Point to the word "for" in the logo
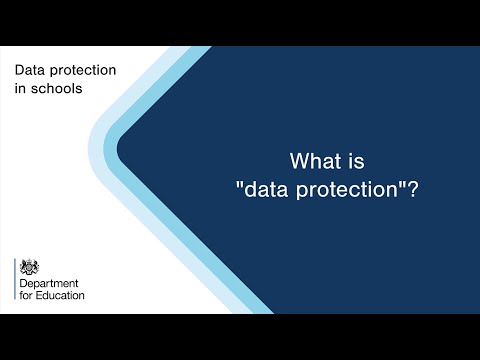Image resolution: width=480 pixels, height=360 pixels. pos(26,296)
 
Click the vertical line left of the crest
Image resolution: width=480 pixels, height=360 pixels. pos(15,280)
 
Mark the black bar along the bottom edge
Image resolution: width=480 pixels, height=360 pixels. pos(240,337)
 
